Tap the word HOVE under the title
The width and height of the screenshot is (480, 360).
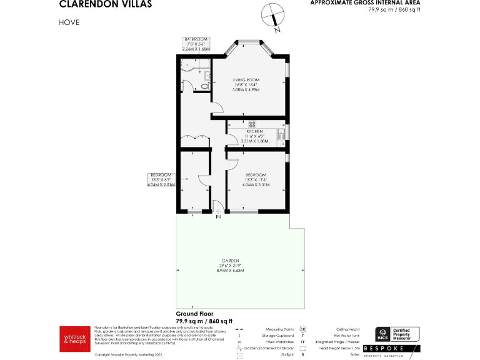tap(69, 22)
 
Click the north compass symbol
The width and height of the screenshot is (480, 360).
tap(272, 16)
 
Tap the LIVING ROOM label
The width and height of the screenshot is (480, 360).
tap(246, 85)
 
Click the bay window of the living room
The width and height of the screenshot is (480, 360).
tap(252, 44)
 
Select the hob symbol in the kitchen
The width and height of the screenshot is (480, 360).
tap(253, 123)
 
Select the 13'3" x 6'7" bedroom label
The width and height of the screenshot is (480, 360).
tap(161, 179)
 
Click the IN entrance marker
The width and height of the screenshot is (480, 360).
tap(218, 218)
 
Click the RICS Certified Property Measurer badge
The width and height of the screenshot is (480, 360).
tap(396, 334)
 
